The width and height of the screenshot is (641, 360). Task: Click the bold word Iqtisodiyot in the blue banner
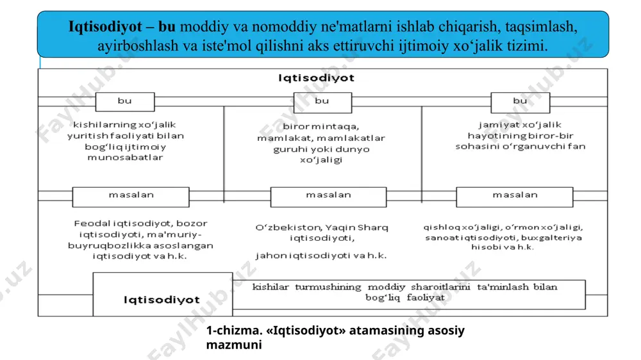click(x=105, y=26)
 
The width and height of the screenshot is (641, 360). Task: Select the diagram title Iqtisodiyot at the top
click(x=316, y=78)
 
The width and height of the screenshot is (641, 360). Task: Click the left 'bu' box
click(x=125, y=102)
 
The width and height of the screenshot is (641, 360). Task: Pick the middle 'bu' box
click(x=322, y=102)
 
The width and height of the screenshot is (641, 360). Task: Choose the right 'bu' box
click(x=520, y=102)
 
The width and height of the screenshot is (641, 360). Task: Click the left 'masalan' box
click(x=131, y=197)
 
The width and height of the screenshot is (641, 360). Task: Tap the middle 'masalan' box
click(x=328, y=197)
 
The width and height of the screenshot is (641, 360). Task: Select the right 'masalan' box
click(x=515, y=197)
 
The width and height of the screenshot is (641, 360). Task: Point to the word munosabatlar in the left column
click(x=125, y=158)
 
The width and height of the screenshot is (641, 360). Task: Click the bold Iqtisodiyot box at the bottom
click(x=163, y=295)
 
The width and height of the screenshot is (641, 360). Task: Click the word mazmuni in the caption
click(x=234, y=345)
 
